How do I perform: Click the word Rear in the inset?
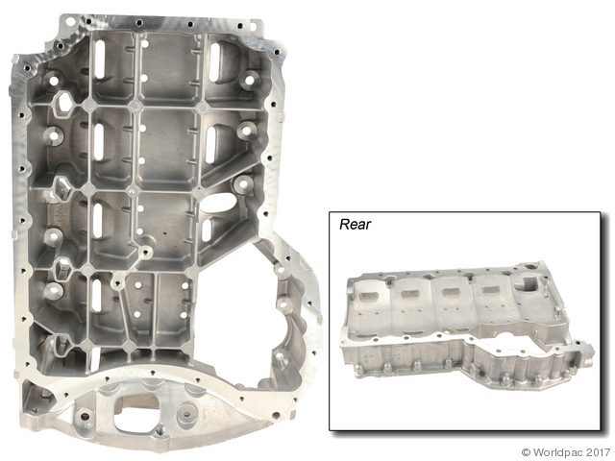click(355, 224)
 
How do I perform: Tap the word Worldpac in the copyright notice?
click(559, 452)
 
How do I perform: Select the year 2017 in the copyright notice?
click(600, 452)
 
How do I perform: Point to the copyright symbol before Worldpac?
click(527, 452)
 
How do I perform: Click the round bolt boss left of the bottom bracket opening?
click(84, 416)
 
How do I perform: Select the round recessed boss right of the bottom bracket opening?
click(184, 414)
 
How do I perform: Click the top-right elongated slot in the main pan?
click(215, 61)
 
